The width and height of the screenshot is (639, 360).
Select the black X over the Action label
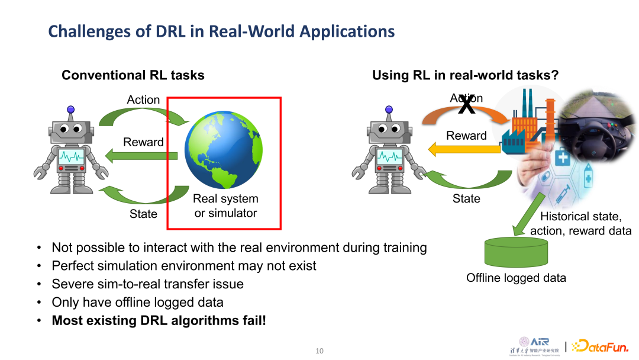point(467,105)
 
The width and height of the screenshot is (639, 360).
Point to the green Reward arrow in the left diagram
point(142,156)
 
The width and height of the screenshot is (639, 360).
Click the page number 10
point(319,351)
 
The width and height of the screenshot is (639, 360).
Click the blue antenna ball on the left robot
point(71,110)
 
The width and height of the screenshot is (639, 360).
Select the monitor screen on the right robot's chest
point(389,157)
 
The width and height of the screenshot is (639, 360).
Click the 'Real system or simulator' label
point(225,205)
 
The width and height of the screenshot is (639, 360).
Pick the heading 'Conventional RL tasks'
point(133,75)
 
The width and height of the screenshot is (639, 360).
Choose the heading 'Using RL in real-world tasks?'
point(466,75)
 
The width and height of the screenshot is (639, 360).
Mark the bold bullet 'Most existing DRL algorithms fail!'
point(159,321)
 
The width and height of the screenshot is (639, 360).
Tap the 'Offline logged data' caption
point(516,278)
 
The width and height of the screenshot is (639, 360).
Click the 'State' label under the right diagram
point(466,198)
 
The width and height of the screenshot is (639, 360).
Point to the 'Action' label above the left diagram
point(143,99)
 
